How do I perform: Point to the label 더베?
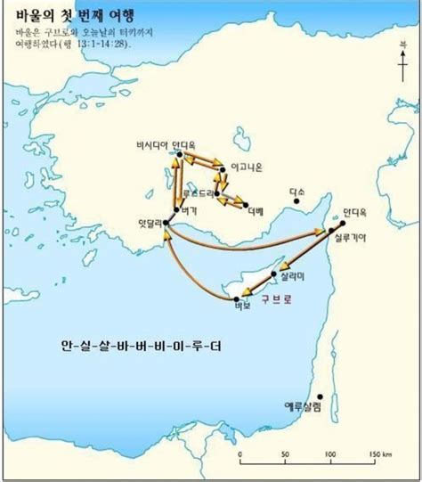255,211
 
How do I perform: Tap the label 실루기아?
349,238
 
